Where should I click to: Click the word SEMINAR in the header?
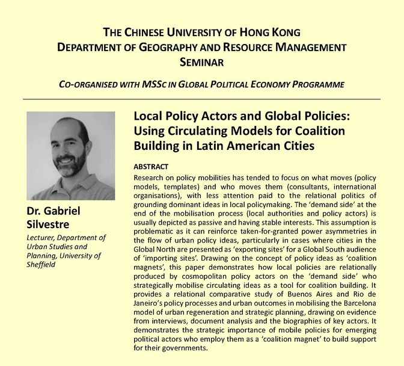pyautogui.click(x=202, y=61)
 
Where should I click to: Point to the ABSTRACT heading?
pyautogui.click(x=150, y=166)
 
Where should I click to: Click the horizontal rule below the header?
pyautogui.click(x=202, y=99)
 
